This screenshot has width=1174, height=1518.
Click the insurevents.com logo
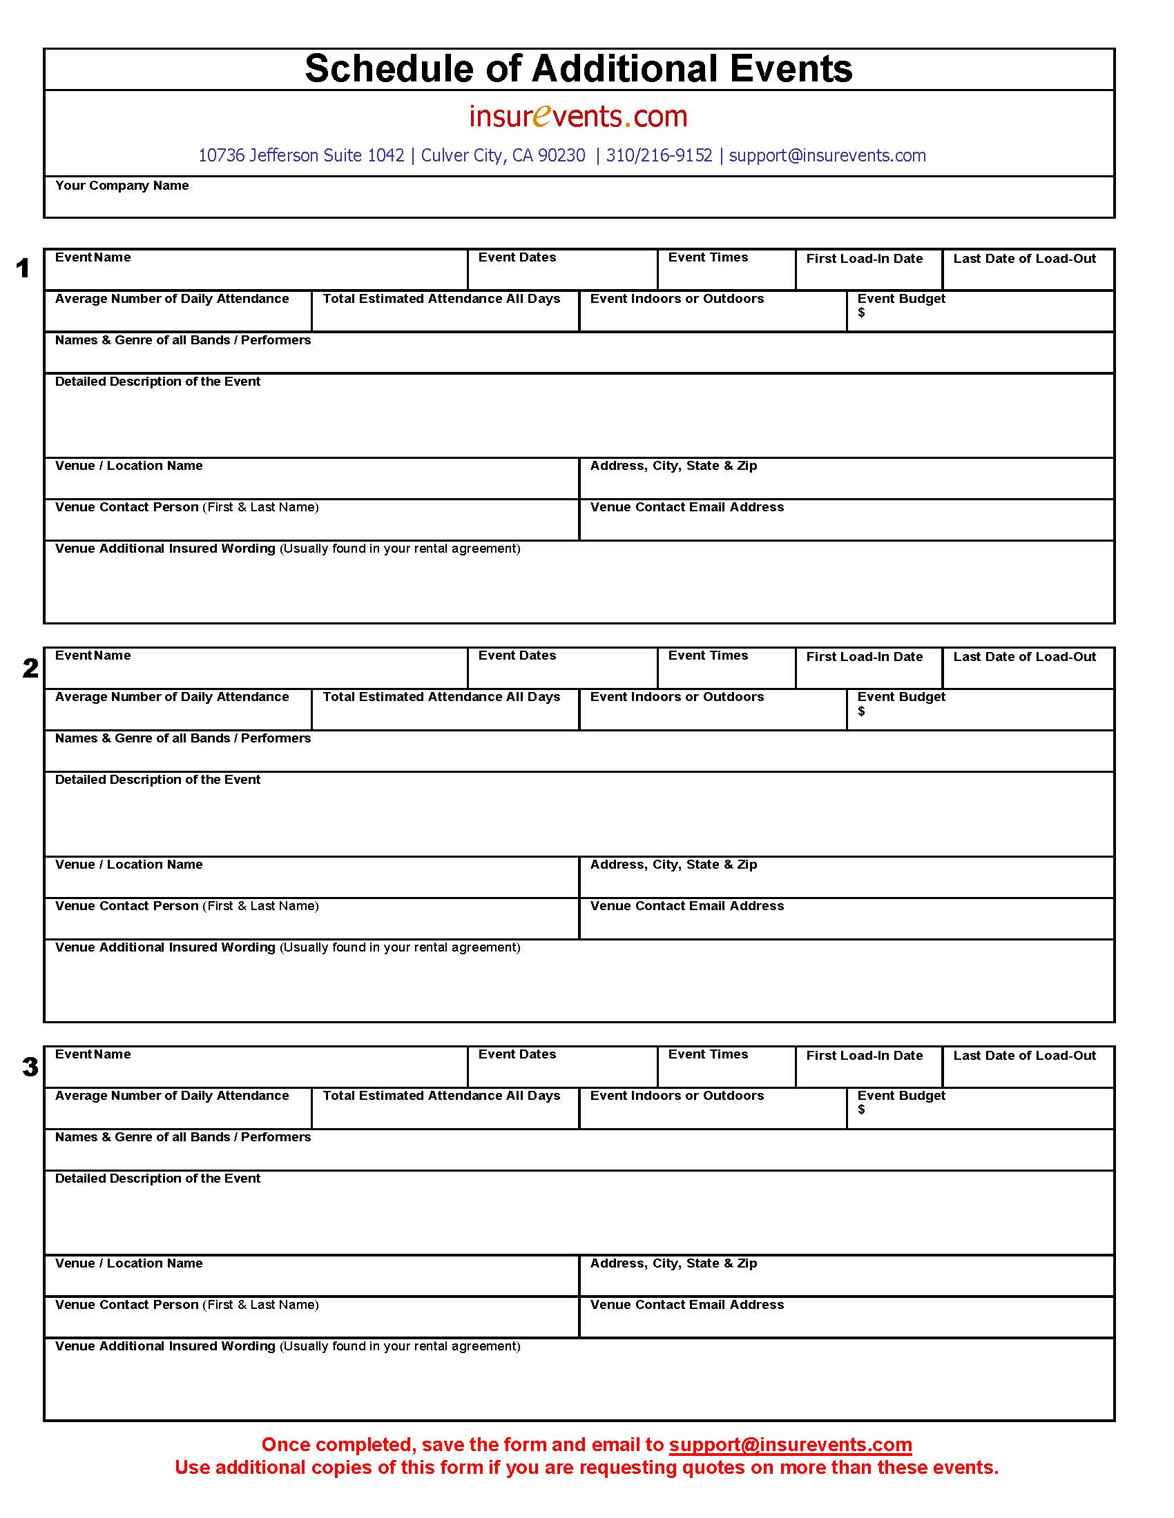578,116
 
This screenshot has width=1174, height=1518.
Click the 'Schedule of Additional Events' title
578,69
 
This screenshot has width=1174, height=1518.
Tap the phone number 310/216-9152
659,156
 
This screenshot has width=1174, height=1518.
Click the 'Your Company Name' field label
122,186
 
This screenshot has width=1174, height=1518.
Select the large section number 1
23,268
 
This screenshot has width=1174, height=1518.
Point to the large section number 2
30,668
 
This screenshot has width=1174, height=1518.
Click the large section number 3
30,1067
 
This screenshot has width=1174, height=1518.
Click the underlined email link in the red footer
790,1444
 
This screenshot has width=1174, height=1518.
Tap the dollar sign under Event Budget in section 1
861,313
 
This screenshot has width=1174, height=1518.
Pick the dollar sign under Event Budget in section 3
861,1110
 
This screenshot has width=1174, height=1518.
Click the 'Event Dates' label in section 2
517,655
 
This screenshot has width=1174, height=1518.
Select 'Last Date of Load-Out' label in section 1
1023,259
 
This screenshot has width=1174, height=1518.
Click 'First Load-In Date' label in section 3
864,1056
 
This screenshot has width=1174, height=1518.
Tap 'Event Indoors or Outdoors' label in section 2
677,697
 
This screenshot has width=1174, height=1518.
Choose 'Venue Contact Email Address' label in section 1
686,507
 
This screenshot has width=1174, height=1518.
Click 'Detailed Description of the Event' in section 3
157,1179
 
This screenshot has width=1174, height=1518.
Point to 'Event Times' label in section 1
707,257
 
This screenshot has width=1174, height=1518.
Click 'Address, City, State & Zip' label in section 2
673,865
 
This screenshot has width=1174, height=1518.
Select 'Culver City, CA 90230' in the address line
503,156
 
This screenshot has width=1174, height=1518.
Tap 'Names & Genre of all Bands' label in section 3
182,1137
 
